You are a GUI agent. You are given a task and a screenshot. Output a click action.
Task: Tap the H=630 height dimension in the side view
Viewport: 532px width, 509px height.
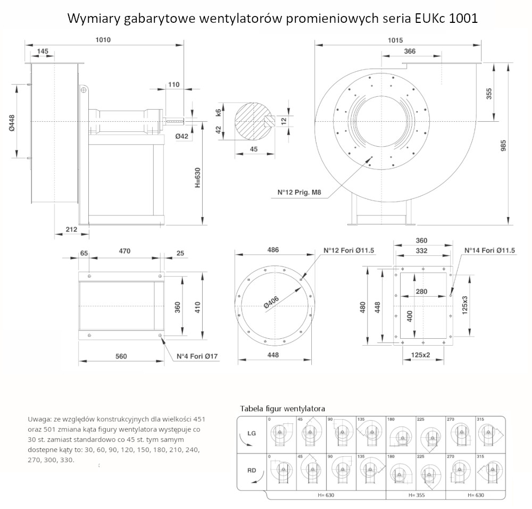tap(197, 178)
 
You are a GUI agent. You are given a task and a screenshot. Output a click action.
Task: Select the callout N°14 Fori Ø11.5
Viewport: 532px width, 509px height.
tap(489, 251)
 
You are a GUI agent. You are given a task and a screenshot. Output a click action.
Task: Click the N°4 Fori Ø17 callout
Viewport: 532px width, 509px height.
tap(198, 357)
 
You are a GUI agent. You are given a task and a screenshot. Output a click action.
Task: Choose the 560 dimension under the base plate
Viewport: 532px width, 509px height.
tap(121, 356)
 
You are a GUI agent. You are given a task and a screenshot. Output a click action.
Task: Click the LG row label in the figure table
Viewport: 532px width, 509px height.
tap(252, 433)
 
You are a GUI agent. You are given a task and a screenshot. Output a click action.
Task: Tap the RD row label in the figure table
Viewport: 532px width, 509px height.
tap(252, 470)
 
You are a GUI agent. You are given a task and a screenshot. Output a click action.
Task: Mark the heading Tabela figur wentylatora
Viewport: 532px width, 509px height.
tap(282, 408)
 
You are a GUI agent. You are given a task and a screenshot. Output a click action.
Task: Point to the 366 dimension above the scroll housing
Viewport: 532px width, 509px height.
tap(410, 51)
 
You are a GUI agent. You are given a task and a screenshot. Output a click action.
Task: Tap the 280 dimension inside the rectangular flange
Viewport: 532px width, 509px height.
tap(421, 291)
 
